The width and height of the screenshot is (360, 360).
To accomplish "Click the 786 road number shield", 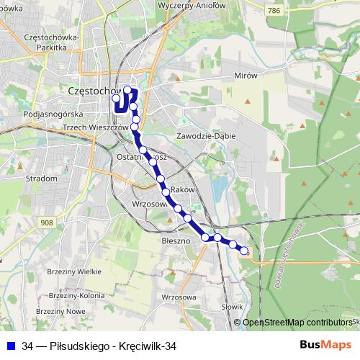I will coord(272,11).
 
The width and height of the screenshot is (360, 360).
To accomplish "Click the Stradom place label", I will coord(40,178).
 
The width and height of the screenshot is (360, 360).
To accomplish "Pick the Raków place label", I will coord(185,189).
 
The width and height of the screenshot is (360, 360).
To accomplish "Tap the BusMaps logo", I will coord(326,345).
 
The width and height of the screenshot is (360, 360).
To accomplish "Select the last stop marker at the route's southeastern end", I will coord(244,251).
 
